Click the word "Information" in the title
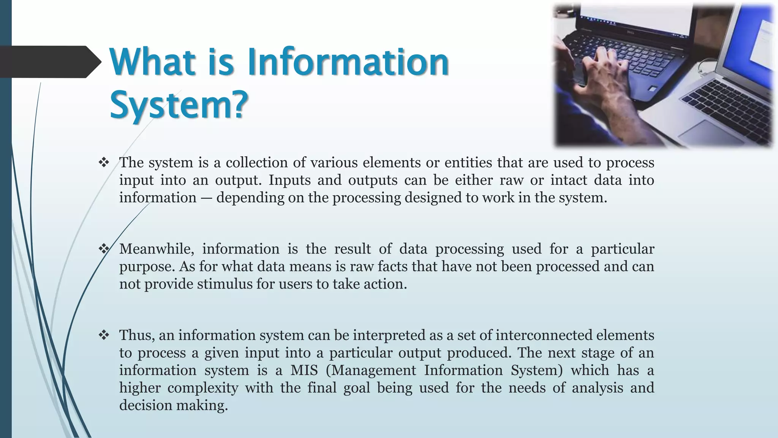coord(348,62)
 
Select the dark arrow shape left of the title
coord(49,62)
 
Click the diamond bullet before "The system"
coord(104,163)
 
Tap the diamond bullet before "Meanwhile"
coord(104,249)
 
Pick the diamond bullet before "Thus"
coord(104,335)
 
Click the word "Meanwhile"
coord(157,249)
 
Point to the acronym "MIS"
coord(304,370)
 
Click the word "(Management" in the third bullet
coord(371,370)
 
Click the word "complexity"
coord(203,388)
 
